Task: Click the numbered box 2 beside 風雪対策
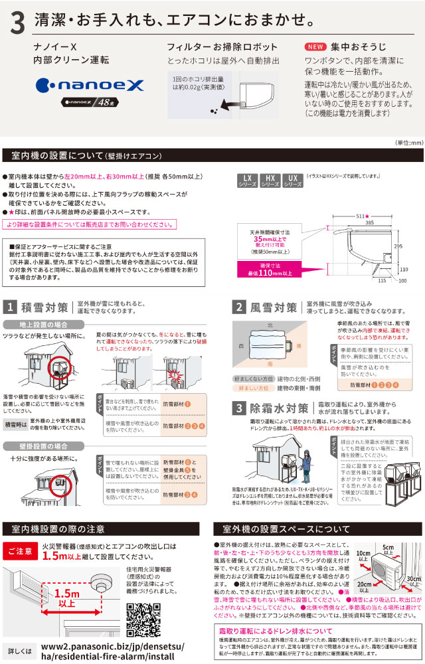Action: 240,307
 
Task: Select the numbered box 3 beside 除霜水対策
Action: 240,408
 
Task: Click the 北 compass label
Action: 268,325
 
